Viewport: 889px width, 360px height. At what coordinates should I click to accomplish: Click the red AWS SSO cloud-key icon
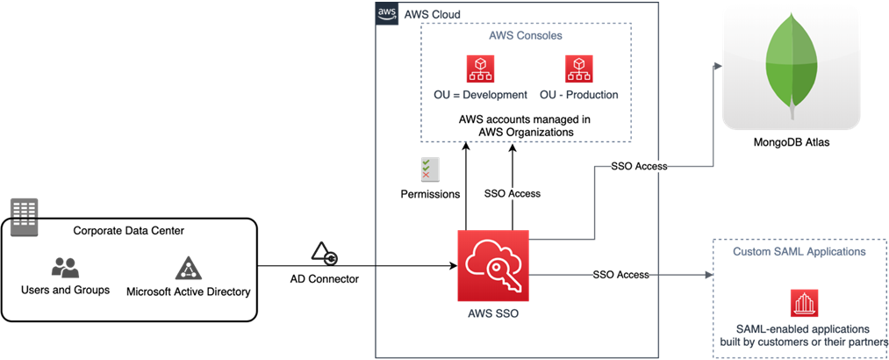[x=493, y=265]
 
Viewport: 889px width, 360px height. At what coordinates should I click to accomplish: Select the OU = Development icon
[x=480, y=68]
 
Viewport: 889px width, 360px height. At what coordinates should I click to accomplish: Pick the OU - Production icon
[x=579, y=68]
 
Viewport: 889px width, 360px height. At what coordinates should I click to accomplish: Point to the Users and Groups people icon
[x=65, y=268]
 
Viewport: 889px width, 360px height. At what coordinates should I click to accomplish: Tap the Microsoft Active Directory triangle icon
[x=188, y=268]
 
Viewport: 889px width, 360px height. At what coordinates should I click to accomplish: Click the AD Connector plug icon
[x=325, y=254]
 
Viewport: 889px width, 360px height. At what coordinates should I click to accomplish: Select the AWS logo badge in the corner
[x=386, y=12]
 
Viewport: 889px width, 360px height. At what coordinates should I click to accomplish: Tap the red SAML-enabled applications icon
[x=804, y=303]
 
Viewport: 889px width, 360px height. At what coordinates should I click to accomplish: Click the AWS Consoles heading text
[x=526, y=36]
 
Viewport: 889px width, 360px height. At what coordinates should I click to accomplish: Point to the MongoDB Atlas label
[x=791, y=143]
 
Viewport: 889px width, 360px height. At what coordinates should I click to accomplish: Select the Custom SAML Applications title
[x=799, y=251]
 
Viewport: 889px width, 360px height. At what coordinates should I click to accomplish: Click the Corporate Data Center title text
[x=129, y=231]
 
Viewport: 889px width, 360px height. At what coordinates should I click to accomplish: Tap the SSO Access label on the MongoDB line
[x=639, y=167]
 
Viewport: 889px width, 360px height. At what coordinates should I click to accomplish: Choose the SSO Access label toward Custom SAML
[x=620, y=275]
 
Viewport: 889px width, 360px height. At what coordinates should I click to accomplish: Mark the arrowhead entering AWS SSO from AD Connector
[x=454, y=265]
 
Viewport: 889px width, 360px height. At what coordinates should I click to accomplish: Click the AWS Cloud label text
[x=425, y=14]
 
